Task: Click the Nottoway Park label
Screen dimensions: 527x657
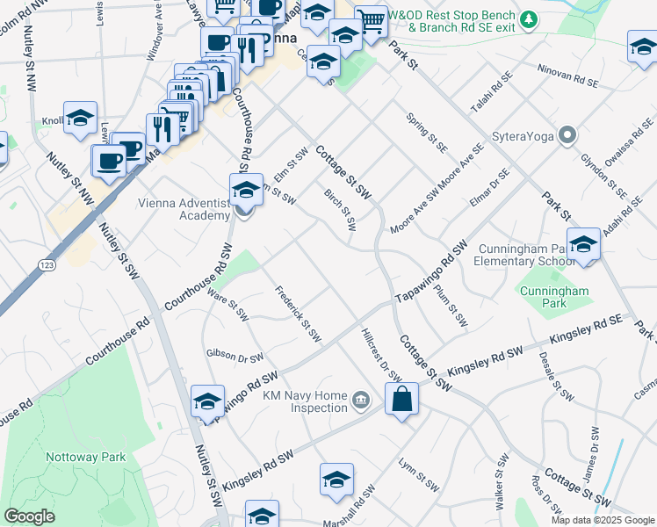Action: click(86, 457)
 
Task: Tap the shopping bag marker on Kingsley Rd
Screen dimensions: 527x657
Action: click(401, 399)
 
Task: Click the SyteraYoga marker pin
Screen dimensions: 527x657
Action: click(567, 136)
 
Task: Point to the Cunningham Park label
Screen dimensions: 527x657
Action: click(554, 297)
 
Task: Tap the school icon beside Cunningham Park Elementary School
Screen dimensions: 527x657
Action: click(582, 245)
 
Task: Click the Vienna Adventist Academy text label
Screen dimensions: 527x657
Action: click(184, 209)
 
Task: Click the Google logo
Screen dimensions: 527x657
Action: click(29, 516)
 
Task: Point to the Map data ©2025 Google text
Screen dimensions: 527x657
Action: click(603, 520)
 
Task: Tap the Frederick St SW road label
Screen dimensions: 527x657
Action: click(298, 314)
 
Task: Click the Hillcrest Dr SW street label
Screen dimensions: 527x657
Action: click(381, 356)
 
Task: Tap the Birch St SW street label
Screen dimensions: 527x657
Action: click(340, 210)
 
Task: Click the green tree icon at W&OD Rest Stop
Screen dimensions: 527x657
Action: click(528, 19)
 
